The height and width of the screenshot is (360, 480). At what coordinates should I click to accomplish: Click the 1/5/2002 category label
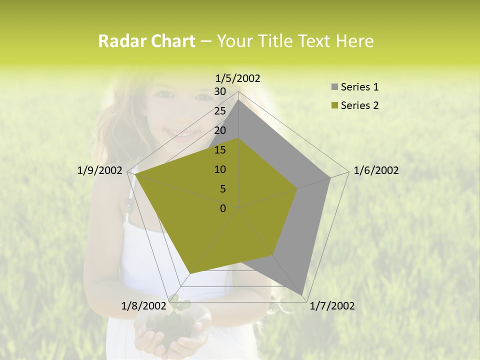click(x=238, y=78)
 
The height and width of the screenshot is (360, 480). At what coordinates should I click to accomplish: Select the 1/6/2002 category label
click(x=376, y=170)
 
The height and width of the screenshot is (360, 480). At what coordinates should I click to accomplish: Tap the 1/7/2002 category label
click(x=332, y=305)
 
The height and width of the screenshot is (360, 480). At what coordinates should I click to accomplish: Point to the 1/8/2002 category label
click(x=143, y=305)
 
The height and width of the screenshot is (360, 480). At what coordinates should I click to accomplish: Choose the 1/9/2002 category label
click(x=100, y=170)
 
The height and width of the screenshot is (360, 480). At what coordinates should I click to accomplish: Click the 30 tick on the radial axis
click(x=220, y=91)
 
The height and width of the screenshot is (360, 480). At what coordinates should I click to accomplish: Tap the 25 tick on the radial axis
click(x=220, y=111)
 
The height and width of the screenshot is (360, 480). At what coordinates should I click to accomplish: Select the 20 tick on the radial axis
click(x=220, y=130)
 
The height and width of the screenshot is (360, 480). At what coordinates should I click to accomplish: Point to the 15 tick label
click(x=220, y=150)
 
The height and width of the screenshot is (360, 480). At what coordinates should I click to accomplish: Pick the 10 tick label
click(x=220, y=169)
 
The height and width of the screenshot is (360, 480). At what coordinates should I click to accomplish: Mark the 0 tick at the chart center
click(x=223, y=208)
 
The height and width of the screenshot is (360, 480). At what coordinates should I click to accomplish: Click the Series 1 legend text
click(x=359, y=87)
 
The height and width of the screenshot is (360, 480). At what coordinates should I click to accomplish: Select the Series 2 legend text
click(x=359, y=105)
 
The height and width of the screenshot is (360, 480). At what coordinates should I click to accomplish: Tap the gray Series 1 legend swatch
click(x=334, y=87)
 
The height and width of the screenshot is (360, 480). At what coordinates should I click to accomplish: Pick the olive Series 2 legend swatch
click(x=334, y=105)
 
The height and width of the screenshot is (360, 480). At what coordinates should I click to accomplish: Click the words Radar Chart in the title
click(x=146, y=41)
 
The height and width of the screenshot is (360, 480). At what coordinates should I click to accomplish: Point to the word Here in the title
click(x=354, y=41)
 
